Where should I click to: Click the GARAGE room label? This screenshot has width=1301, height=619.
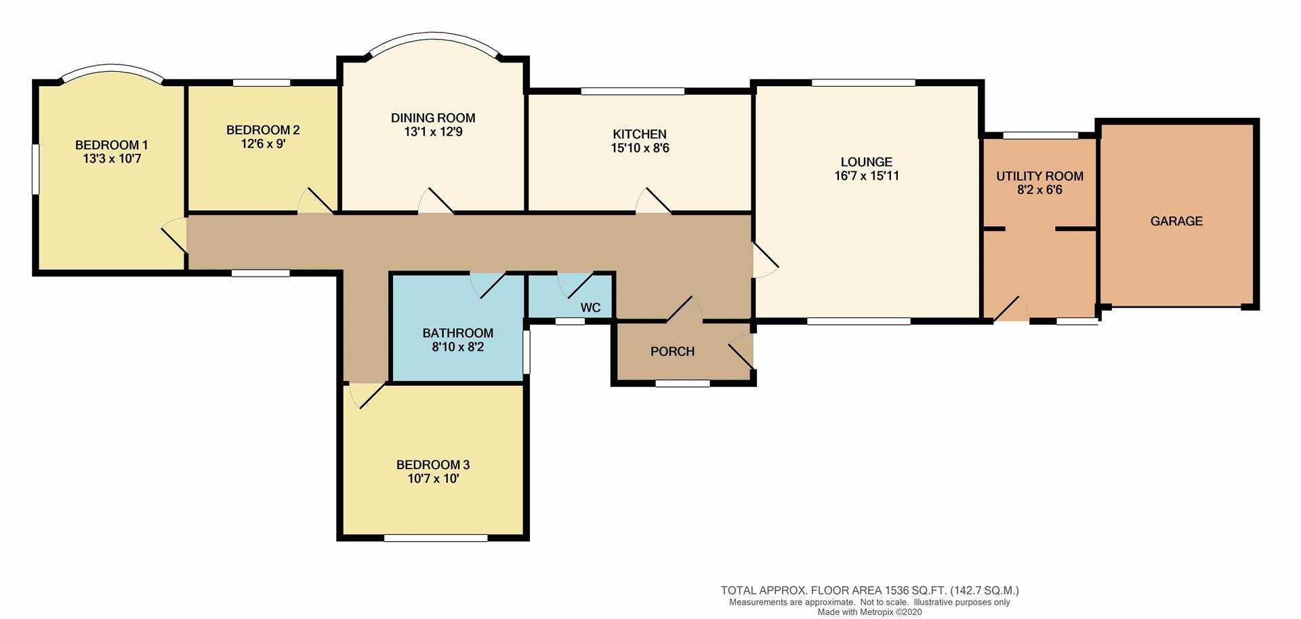coord(1176,221)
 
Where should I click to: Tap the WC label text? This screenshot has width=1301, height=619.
coord(590,308)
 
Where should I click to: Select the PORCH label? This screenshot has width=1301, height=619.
coord(672,351)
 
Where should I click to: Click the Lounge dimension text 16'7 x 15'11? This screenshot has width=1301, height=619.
coord(867,176)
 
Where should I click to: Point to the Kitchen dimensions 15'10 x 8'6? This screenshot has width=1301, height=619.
coord(640,148)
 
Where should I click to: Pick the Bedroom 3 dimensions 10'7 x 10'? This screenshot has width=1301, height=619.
coord(433,479)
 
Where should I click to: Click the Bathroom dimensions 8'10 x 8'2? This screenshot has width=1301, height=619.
coord(457,347)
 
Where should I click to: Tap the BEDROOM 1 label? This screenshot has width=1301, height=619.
coord(111,145)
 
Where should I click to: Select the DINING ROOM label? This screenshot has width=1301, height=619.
coord(433,118)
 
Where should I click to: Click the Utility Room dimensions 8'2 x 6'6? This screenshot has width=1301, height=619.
coord(1039,191)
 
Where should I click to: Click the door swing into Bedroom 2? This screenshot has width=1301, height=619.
coord(314,201)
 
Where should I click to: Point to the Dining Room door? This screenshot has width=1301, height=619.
coord(436,201)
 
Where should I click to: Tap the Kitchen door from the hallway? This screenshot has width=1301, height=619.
coord(653,201)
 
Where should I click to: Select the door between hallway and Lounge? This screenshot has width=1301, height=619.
coord(764,260)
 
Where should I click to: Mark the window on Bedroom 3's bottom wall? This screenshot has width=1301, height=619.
coord(435,538)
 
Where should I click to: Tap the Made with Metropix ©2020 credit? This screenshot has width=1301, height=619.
coord(869,612)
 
